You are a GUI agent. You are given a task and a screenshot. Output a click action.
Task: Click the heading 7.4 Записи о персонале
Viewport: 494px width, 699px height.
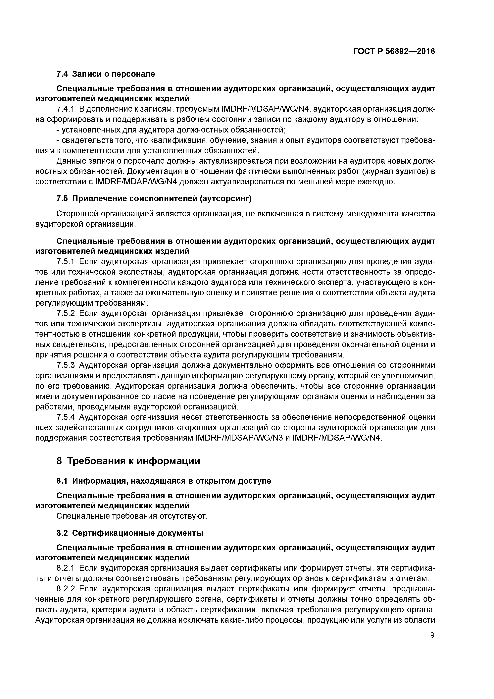[106, 74]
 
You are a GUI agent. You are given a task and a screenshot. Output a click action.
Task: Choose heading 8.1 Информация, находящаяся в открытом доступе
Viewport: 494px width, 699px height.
[164, 481]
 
